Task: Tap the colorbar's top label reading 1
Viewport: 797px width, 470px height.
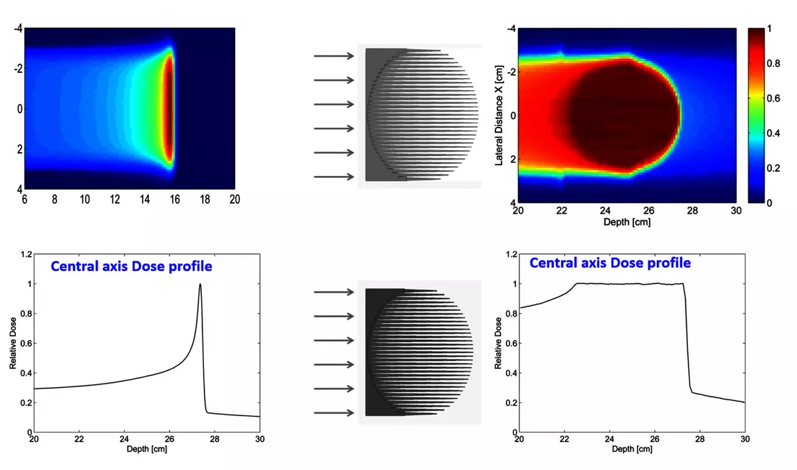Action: tap(769, 29)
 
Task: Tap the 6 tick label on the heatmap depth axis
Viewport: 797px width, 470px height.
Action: tap(25, 199)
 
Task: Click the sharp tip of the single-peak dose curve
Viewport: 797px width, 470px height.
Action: tap(200, 285)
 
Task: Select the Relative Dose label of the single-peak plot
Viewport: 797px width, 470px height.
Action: tap(13, 343)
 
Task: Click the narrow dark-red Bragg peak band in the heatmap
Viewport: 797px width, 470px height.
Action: tap(169, 109)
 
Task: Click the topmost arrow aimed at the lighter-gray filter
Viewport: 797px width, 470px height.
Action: tap(335, 56)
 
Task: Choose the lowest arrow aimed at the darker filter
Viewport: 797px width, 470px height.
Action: tap(335, 413)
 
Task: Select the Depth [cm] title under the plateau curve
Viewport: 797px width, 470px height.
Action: tap(631, 449)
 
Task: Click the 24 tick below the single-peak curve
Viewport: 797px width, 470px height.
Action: tap(124, 439)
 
